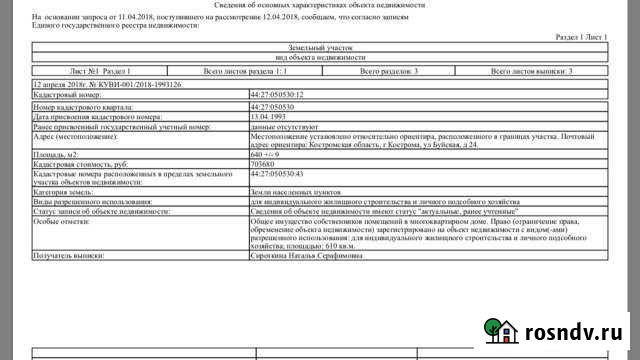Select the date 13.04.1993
coord(266,116)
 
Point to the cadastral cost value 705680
coord(262,164)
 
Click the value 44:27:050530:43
coord(277,174)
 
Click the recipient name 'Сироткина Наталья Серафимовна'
coord(306,255)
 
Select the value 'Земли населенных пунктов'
coord(290,191)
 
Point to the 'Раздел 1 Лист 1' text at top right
coord(580,36)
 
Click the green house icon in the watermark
coord(498,330)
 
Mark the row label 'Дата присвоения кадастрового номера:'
coord(95,116)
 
